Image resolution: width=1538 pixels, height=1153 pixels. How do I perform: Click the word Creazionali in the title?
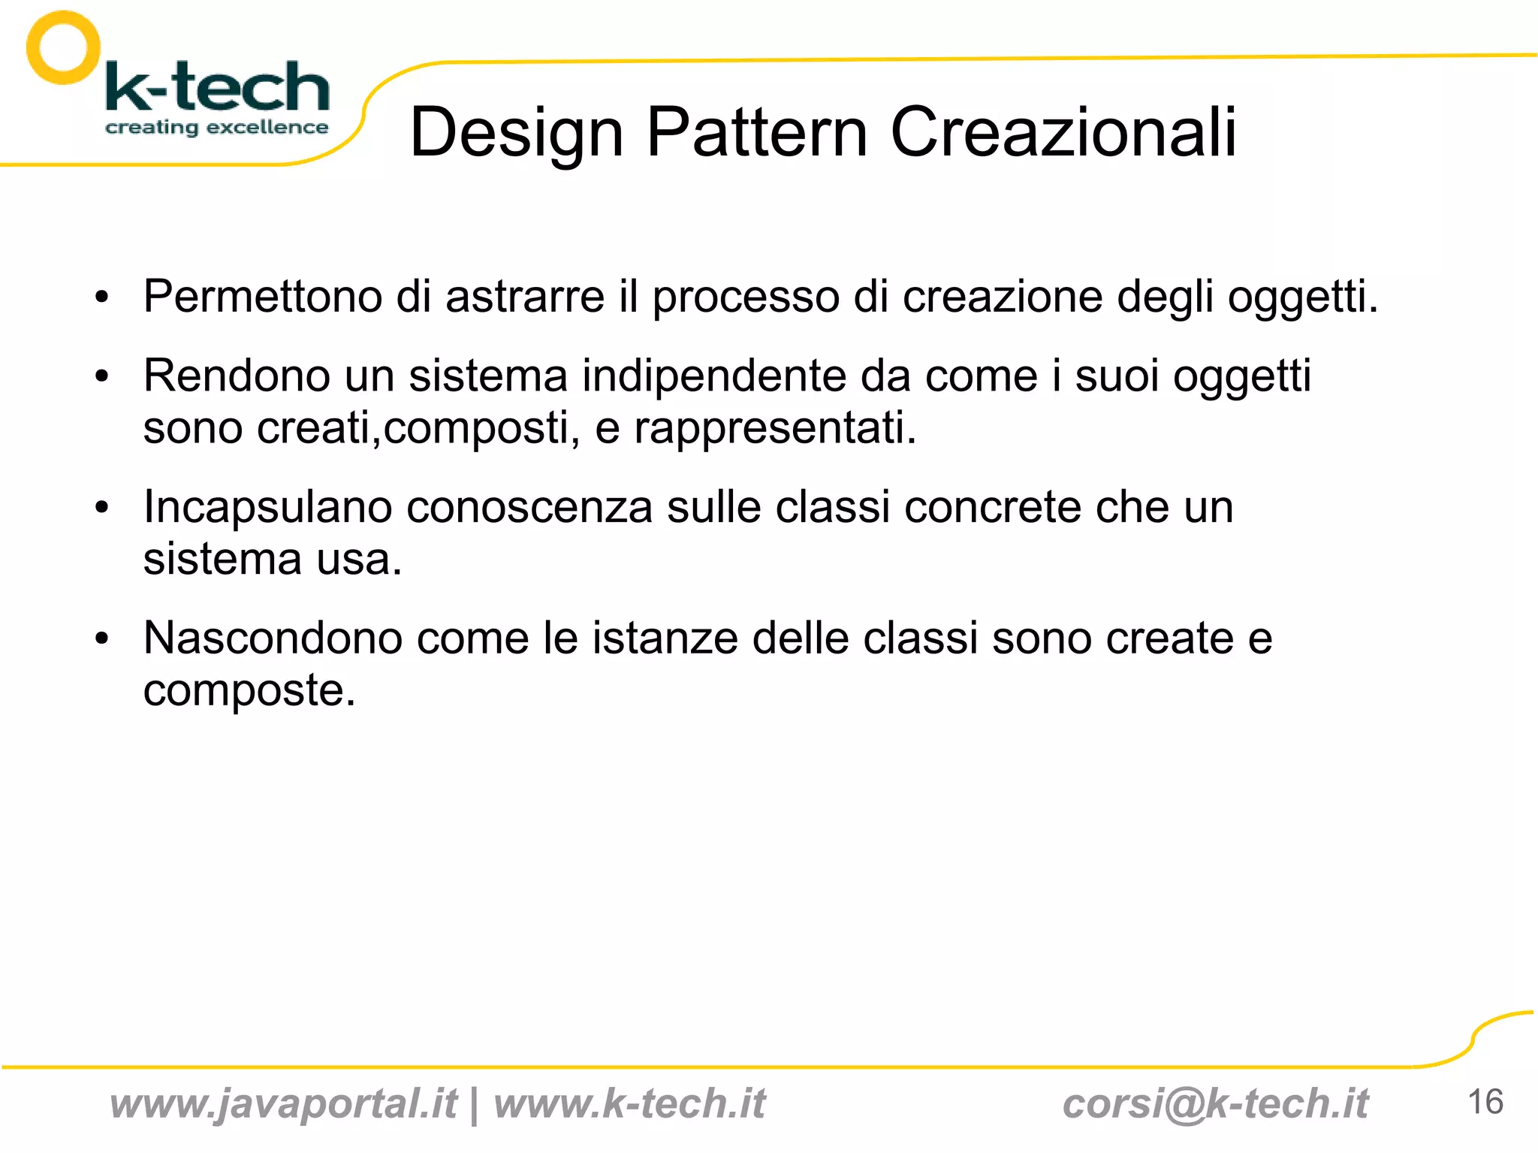click(1063, 132)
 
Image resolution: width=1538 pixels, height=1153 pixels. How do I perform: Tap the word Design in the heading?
click(517, 134)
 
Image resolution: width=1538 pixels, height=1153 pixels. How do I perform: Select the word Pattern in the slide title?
click(757, 132)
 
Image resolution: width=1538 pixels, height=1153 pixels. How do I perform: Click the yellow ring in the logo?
click(63, 48)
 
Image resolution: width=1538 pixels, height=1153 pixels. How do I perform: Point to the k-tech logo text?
click(218, 87)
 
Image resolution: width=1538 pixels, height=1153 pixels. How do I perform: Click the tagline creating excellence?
click(216, 128)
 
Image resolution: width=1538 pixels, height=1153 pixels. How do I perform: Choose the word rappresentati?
click(775, 428)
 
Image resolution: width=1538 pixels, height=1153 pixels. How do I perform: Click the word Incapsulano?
click(268, 507)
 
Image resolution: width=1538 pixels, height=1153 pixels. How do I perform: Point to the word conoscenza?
click(529, 507)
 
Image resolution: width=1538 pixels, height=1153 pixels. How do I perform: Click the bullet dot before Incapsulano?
click(102, 509)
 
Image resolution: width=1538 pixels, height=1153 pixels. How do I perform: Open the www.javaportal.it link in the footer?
click(283, 1103)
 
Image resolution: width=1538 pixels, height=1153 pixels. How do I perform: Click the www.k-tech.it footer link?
click(629, 1103)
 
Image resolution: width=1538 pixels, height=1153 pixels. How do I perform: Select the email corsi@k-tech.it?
click(1215, 1103)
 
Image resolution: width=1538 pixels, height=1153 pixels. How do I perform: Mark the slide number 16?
click(1485, 1102)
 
